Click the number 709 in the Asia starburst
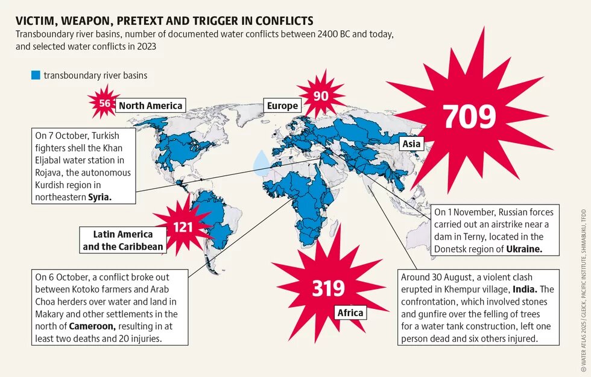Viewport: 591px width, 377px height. [x=469, y=117]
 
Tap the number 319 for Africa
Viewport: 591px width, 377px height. [x=328, y=288]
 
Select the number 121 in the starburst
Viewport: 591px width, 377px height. [x=182, y=228]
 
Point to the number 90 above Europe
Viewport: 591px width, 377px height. [x=321, y=96]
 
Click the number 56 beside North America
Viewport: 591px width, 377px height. [x=105, y=103]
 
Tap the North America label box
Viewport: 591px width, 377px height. [x=150, y=106]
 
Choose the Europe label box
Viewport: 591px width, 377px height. [x=282, y=106]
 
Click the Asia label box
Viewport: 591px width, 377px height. [x=411, y=144]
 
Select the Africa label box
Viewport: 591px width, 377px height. [x=350, y=312]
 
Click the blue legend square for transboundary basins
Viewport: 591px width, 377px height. [x=36, y=75]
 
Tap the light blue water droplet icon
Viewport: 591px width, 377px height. [x=262, y=162]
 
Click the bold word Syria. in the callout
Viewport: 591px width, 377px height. [x=100, y=197]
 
